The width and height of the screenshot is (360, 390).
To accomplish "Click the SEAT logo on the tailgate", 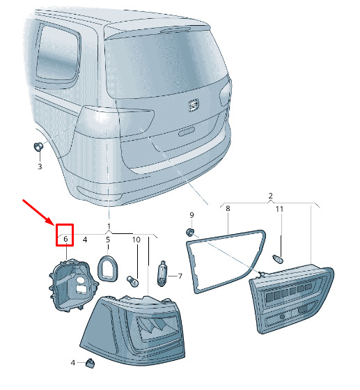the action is [194, 105].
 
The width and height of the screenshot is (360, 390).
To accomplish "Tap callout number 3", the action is [40, 166].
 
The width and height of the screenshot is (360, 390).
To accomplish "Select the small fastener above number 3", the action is [38, 146].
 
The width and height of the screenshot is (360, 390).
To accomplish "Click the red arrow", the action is [38, 212].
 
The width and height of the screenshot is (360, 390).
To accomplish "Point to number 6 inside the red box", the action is [65, 239].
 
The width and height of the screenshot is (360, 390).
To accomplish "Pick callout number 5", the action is [108, 240].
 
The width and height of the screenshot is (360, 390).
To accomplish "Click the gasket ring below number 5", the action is [108, 268].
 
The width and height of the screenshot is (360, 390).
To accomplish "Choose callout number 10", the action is [136, 240].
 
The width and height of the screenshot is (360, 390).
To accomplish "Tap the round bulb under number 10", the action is [133, 281].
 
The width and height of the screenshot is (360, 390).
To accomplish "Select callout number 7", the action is [180, 276].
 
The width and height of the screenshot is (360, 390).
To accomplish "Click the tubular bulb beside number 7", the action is [162, 273].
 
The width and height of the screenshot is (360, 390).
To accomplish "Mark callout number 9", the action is [191, 215].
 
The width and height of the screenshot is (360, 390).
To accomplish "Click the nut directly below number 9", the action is [190, 233].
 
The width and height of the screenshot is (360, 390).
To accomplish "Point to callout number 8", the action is [228, 208].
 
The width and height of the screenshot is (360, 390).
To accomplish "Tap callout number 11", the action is [279, 209].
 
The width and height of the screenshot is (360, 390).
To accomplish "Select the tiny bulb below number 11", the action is [278, 259].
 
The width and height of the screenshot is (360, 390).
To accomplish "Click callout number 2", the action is [270, 196].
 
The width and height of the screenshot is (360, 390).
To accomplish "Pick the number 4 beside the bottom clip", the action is [72, 363].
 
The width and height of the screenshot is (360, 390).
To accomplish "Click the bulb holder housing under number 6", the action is [73, 285].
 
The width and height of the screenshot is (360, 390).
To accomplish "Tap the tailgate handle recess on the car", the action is [187, 132].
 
